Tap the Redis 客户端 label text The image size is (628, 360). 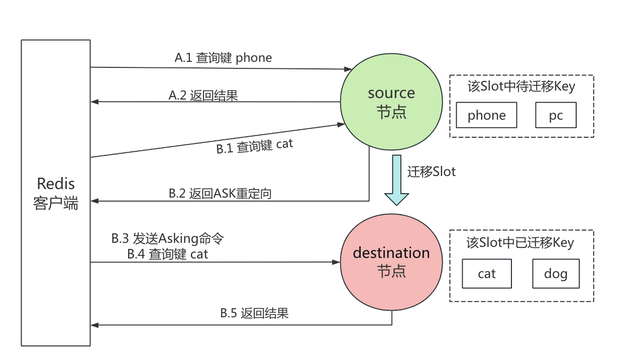click(x=56, y=193)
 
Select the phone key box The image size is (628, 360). click(x=486, y=116)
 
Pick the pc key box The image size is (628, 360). click(x=556, y=116)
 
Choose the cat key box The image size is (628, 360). click(x=486, y=274)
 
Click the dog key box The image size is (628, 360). click(x=556, y=274)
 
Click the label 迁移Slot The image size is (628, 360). click(x=432, y=171)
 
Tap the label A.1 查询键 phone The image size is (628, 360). click(x=223, y=58)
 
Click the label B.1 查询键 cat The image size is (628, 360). click(x=254, y=146)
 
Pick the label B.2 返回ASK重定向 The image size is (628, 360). click(x=220, y=194)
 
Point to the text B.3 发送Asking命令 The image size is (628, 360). click(x=167, y=238)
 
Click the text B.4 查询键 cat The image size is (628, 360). click(x=167, y=254)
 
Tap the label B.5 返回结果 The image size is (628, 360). click(x=254, y=313)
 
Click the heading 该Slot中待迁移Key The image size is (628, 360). click(x=521, y=86)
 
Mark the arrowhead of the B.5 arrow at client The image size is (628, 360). click(x=94, y=325)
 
